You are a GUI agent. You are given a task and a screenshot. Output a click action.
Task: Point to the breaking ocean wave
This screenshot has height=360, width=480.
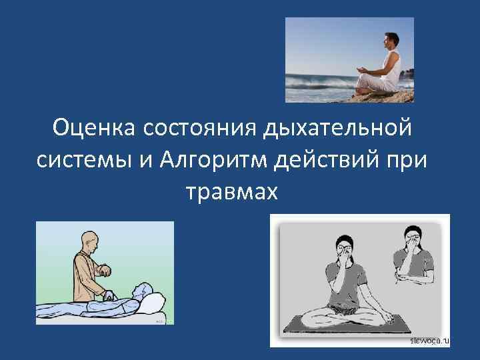coord(313,83)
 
